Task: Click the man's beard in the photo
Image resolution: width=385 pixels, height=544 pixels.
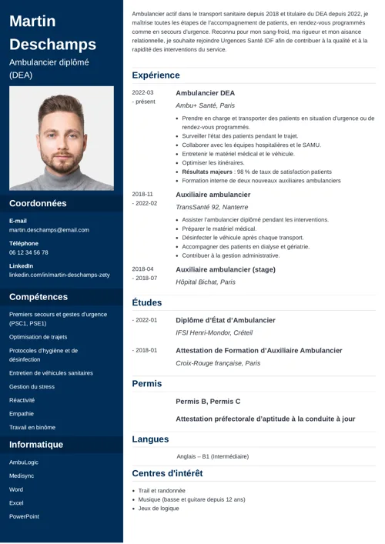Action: tap(62, 162)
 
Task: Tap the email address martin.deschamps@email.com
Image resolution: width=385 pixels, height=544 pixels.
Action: tap(49, 230)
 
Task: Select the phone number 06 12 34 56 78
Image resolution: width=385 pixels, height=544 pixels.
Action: tap(28, 252)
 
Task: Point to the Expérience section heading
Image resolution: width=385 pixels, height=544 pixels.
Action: tap(156, 75)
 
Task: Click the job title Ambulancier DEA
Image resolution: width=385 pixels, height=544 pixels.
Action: tap(205, 93)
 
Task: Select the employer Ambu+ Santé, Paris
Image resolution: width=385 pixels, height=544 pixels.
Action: tap(205, 105)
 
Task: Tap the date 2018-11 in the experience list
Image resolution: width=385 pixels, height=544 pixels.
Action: tap(143, 195)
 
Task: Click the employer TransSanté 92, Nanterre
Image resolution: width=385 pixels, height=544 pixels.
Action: tap(212, 207)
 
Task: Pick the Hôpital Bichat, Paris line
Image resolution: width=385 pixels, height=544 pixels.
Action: tap(206, 282)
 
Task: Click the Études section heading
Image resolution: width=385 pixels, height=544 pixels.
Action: tap(146, 303)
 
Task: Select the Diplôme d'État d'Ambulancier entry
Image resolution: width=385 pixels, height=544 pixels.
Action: tap(225, 320)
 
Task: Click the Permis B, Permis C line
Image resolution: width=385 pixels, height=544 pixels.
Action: tap(208, 402)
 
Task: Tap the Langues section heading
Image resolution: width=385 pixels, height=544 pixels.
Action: tap(150, 439)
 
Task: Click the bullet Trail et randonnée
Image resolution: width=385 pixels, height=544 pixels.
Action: tap(162, 491)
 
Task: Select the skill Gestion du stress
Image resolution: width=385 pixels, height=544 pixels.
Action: tap(32, 386)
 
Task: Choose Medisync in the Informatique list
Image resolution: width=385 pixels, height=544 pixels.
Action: tap(22, 476)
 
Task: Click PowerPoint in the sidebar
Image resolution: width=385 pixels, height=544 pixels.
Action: tap(24, 516)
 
